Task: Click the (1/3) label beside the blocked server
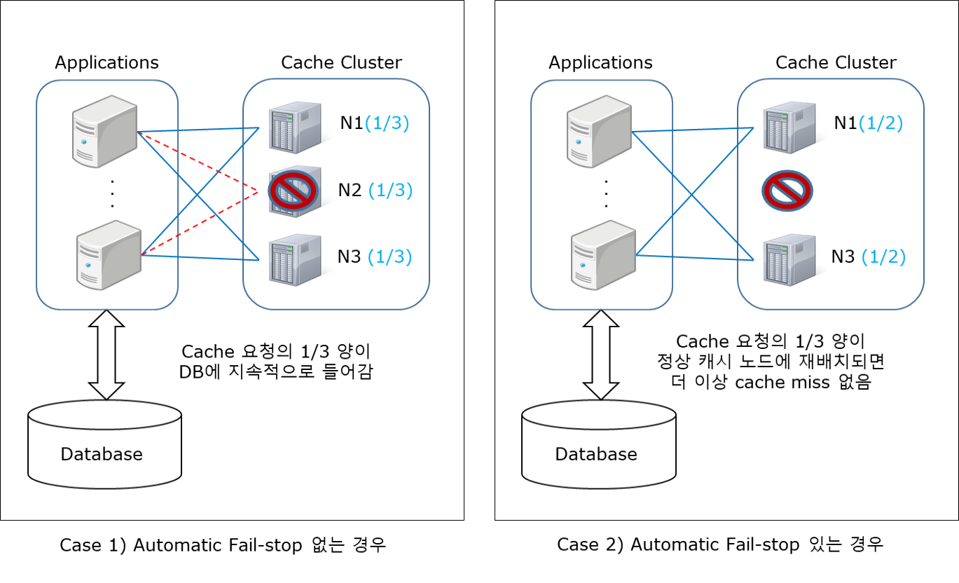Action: pyautogui.click(x=390, y=191)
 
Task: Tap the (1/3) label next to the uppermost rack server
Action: pyautogui.click(x=387, y=123)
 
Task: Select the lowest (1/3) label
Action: pyautogui.click(x=389, y=257)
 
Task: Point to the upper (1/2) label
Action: pyautogui.click(x=881, y=123)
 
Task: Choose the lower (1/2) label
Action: pyautogui.click(x=883, y=257)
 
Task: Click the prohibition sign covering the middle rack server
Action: pyautogui.click(x=293, y=191)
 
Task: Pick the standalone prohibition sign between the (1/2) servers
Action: pyautogui.click(x=787, y=191)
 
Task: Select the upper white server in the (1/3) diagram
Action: pyautogui.click(x=105, y=131)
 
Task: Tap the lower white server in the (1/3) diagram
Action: pyautogui.click(x=108, y=254)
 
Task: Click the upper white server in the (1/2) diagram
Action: pyautogui.click(x=599, y=131)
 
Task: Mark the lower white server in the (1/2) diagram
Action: pyautogui.click(x=602, y=254)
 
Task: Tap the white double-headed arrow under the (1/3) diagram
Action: pyautogui.click(x=106, y=355)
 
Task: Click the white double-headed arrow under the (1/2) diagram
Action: pyautogui.click(x=600, y=355)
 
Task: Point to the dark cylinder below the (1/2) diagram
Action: pyautogui.click(x=599, y=444)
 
